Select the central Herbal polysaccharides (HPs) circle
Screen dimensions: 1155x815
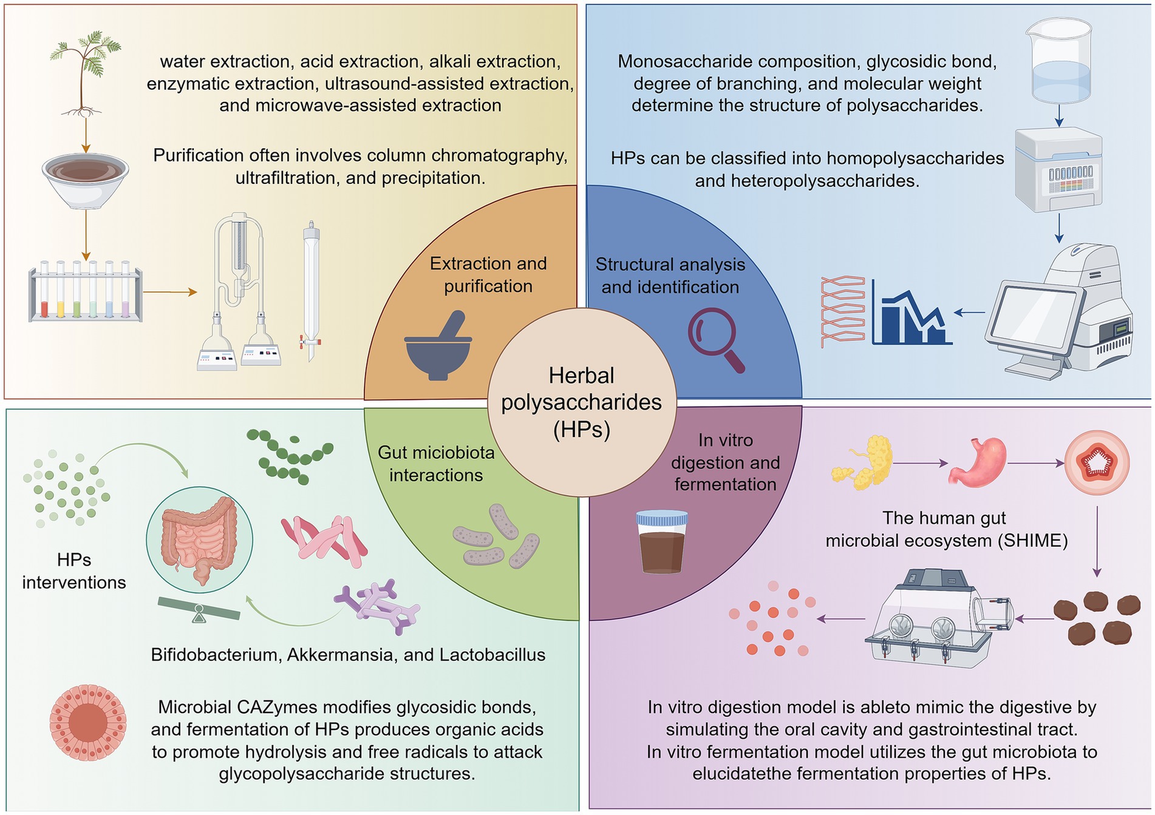pyautogui.click(x=581, y=402)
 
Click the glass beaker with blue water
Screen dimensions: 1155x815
pyautogui.click(x=1060, y=61)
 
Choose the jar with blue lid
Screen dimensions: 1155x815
pyautogui.click(x=661, y=542)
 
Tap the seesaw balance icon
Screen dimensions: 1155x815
pyautogui.click(x=199, y=610)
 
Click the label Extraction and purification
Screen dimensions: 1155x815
pyautogui.click(x=488, y=275)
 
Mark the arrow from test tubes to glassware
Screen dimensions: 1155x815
pyautogui.click(x=170, y=293)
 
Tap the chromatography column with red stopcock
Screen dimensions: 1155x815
pyautogui.click(x=311, y=291)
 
